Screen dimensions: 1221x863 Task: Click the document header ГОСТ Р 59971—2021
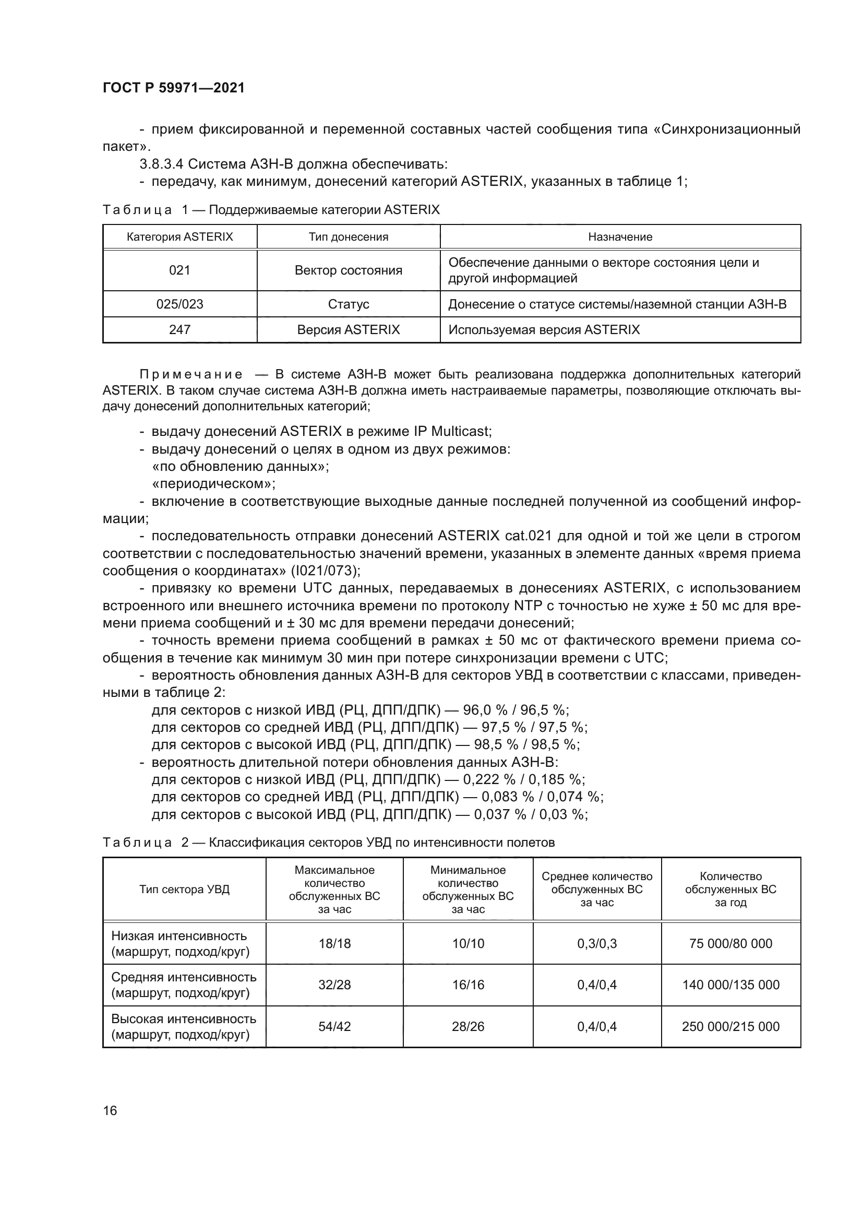tap(174, 88)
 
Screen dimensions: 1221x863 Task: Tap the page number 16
tap(110, 1110)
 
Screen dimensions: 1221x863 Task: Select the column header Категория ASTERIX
tap(179, 236)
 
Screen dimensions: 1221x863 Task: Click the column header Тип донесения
tap(348, 237)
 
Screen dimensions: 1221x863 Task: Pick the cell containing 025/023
tap(179, 304)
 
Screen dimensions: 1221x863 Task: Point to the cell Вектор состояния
tap(348, 270)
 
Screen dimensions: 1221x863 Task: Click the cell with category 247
tap(179, 330)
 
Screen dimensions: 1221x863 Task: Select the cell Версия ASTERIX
tap(348, 330)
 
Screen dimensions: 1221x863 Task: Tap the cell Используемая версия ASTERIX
tap(544, 330)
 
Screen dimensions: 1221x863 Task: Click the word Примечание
tap(191, 374)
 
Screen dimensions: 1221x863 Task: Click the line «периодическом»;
tap(213, 483)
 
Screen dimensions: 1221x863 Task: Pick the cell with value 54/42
tap(334, 1026)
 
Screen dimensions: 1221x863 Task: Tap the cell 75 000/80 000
tap(730, 943)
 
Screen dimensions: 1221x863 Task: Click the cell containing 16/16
tap(468, 985)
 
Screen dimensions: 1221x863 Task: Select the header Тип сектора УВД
tap(184, 889)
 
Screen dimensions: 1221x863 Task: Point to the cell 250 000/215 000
tap(730, 1026)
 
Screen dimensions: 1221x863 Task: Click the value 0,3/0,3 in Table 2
tap(597, 943)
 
